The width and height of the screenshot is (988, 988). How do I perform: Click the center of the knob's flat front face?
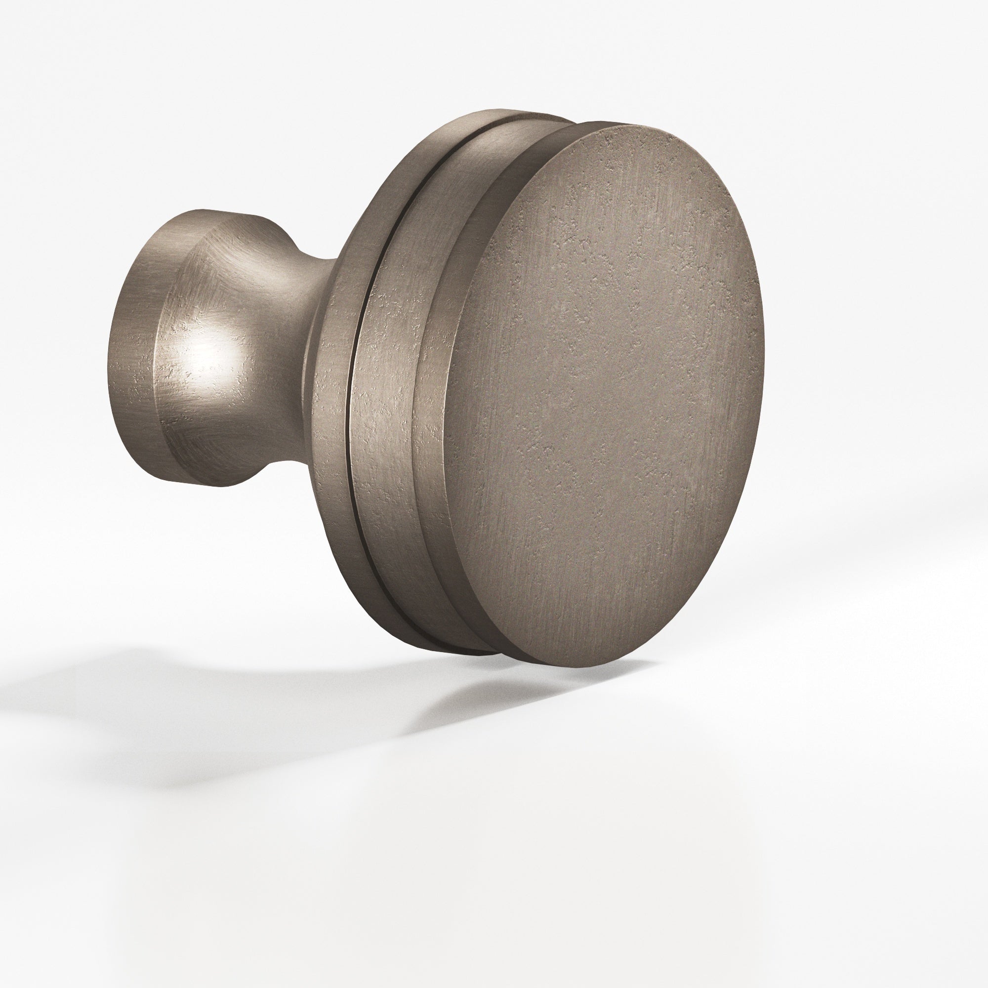click(604, 394)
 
